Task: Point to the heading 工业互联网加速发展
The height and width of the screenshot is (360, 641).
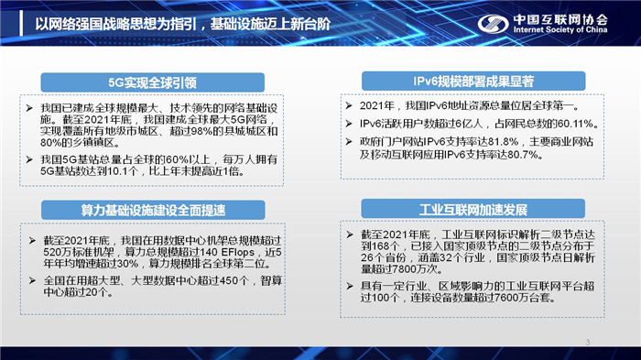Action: pyautogui.click(x=436, y=209)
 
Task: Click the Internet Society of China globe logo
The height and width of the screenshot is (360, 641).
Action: pyautogui.click(x=489, y=22)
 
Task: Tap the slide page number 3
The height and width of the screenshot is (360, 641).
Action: pyautogui.click(x=586, y=343)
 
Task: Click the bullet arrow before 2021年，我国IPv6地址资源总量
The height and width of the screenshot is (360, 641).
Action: pyautogui.click(x=351, y=106)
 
